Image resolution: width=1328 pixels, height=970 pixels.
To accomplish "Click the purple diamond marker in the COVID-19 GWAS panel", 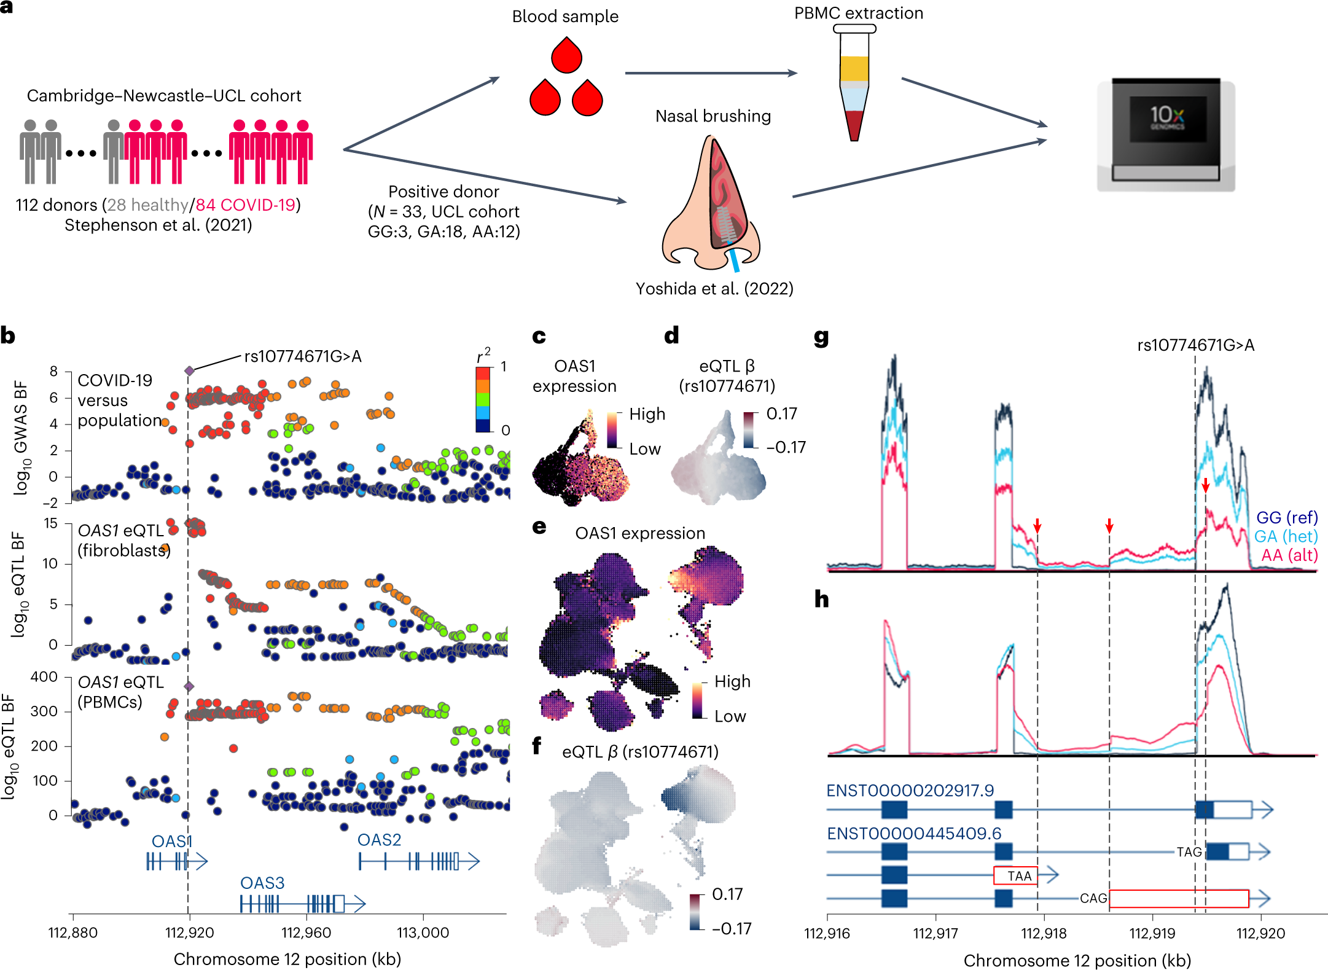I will point(189,370).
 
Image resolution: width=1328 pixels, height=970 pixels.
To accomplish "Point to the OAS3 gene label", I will point(262,883).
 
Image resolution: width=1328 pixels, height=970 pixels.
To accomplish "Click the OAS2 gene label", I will point(379,840).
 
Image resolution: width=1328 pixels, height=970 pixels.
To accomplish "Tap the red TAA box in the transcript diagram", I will point(1015,875).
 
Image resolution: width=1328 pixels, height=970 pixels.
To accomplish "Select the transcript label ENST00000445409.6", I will point(914,833).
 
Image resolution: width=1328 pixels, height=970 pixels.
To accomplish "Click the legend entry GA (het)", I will point(1286,536).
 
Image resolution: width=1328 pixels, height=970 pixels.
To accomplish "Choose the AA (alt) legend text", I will point(1289,555).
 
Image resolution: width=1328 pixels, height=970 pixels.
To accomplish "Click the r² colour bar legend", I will point(483,399).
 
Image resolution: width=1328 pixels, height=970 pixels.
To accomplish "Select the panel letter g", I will point(821,337).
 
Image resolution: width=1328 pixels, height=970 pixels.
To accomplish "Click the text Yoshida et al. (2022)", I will point(714,289).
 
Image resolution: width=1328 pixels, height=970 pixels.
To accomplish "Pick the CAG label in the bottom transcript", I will point(1093,898).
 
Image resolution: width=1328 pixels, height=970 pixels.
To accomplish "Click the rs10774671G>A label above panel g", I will point(1195,345).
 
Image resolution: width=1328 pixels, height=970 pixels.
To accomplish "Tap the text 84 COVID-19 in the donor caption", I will point(246,205).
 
